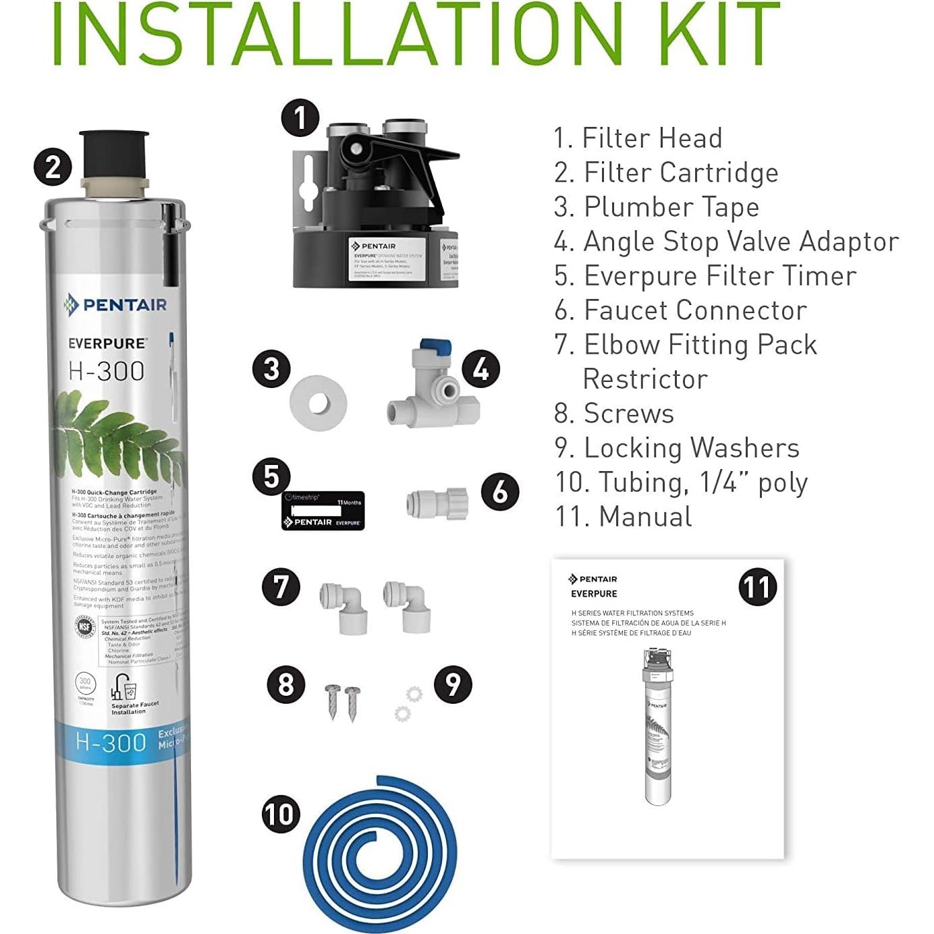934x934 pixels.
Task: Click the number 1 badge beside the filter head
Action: tap(300, 119)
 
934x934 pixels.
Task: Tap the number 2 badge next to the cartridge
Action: tap(53, 167)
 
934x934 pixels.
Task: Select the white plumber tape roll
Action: tap(318, 404)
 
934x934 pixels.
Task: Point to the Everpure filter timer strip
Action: tap(323, 511)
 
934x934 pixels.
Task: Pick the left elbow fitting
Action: tap(344, 607)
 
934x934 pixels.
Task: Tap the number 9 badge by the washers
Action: tap(453, 684)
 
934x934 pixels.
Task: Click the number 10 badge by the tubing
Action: tap(281, 814)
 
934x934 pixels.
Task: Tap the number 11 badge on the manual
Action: tap(758, 587)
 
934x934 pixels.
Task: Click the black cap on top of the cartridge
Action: tap(113, 154)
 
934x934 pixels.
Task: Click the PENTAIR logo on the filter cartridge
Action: tap(115, 305)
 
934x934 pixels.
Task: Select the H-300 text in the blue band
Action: tap(111, 742)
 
